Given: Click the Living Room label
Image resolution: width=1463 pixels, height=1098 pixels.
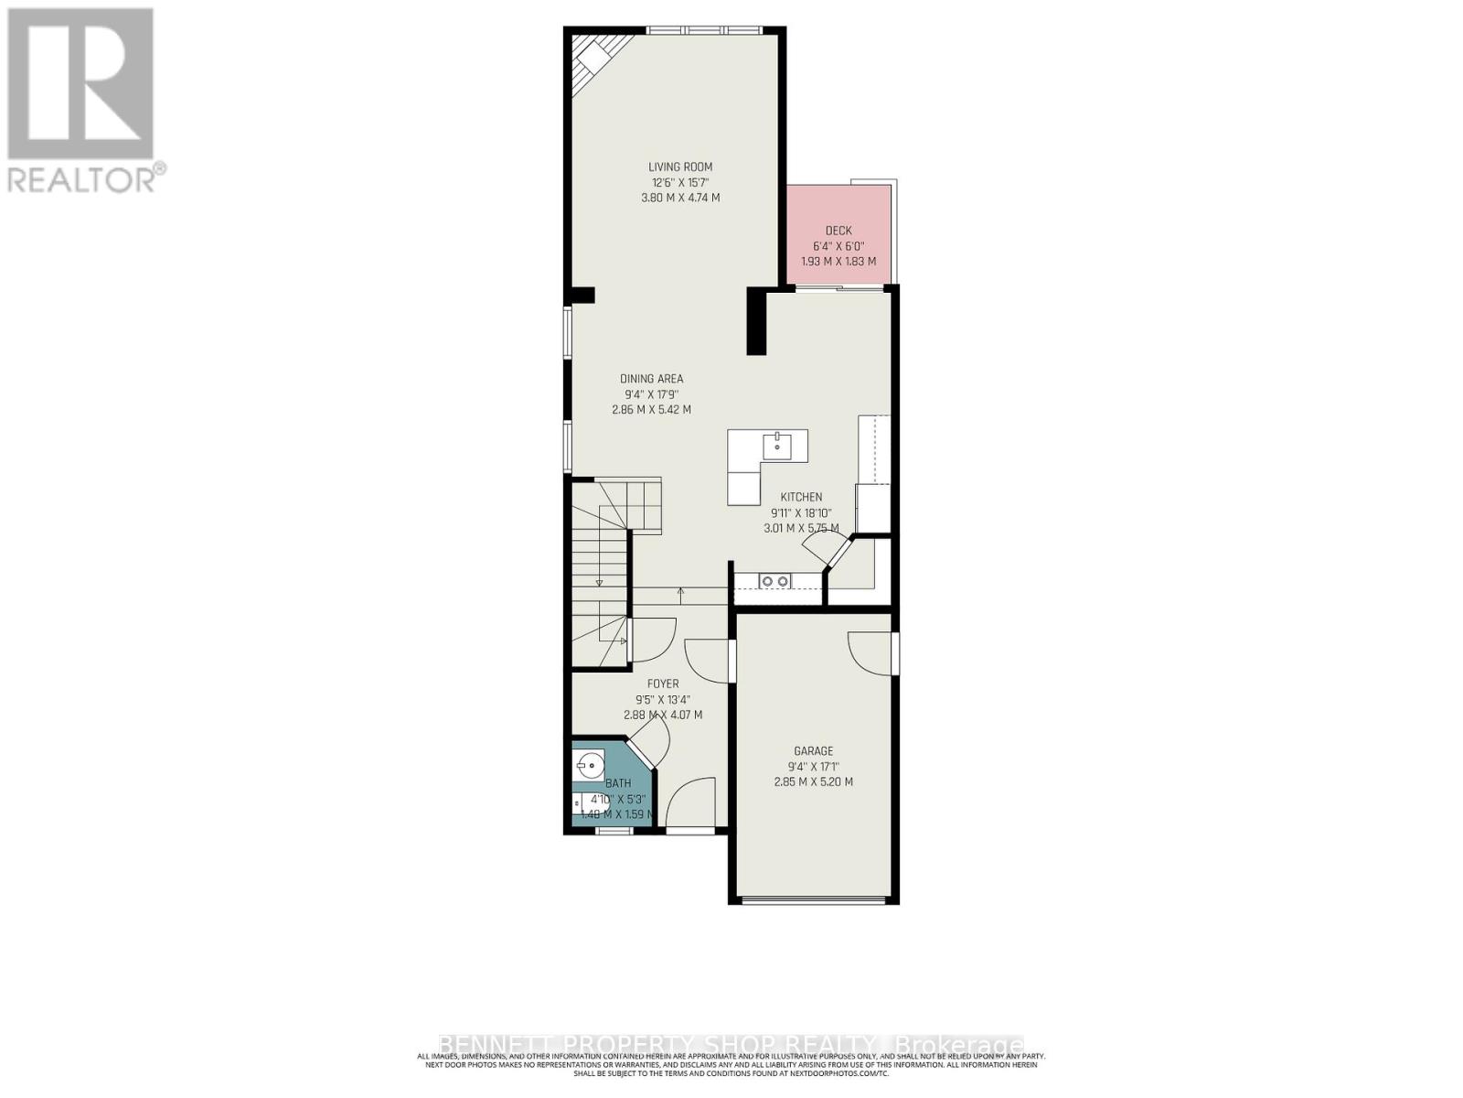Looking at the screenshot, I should pyautogui.click(x=680, y=167).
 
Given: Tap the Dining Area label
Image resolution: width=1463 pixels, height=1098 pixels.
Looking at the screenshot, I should pyautogui.click(x=651, y=379).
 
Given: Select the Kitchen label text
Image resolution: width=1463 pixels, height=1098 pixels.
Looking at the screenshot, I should pyautogui.click(x=801, y=497).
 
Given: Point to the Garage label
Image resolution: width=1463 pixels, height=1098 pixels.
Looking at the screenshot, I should pyautogui.click(x=813, y=751).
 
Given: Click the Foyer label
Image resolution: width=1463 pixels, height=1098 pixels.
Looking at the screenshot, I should pyautogui.click(x=663, y=684).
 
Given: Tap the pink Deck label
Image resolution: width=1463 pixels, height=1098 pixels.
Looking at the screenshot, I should pyautogui.click(x=838, y=231).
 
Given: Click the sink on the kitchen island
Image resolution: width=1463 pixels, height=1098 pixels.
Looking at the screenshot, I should pyautogui.click(x=779, y=447).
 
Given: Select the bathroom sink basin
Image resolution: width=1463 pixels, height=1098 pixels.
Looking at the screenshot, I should pyautogui.click(x=590, y=761).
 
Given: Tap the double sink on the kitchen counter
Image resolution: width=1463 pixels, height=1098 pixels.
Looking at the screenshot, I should pyautogui.click(x=775, y=581).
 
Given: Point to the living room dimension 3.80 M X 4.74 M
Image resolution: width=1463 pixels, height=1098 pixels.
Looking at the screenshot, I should pyautogui.click(x=680, y=198).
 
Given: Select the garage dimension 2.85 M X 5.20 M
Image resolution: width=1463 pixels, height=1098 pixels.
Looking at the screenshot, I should pyautogui.click(x=813, y=782).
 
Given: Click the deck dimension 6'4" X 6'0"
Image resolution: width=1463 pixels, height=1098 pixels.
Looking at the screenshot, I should pyautogui.click(x=838, y=246).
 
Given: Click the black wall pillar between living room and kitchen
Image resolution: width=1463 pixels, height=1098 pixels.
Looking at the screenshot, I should pyautogui.click(x=756, y=320).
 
